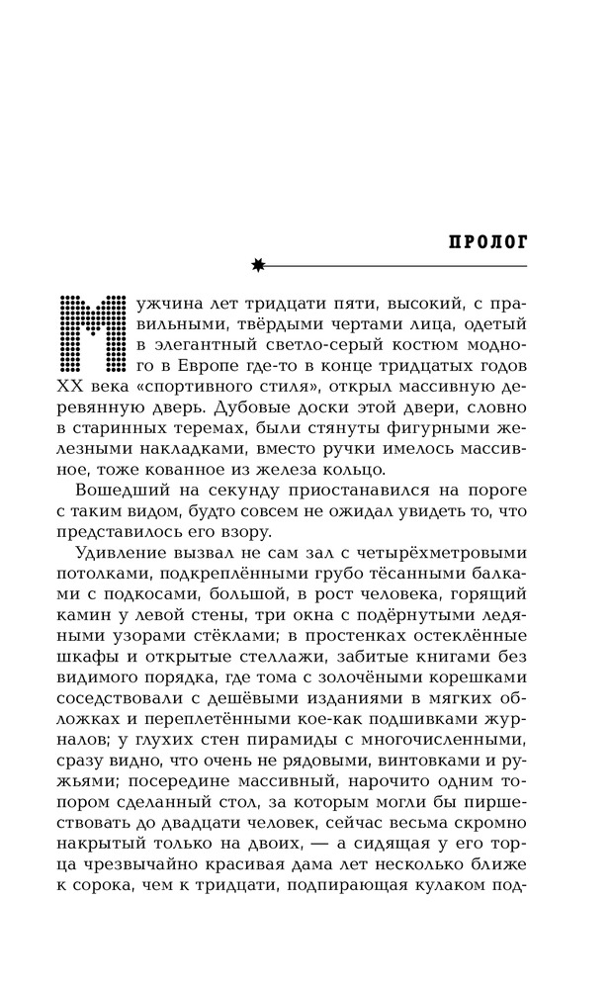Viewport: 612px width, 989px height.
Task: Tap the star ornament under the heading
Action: coord(259,264)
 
